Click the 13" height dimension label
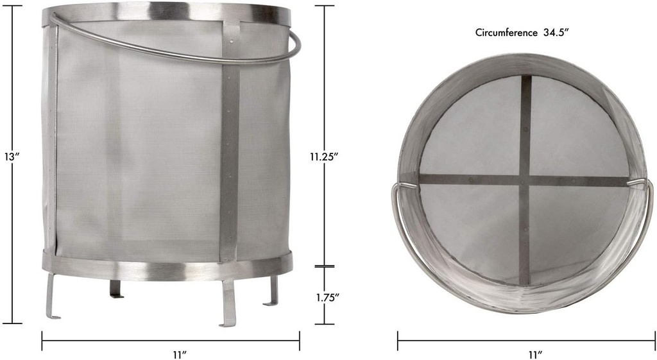click(12, 157)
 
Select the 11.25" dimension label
click(324, 157)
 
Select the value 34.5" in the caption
click(557, 31)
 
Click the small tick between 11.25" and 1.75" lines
click(325, 266)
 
